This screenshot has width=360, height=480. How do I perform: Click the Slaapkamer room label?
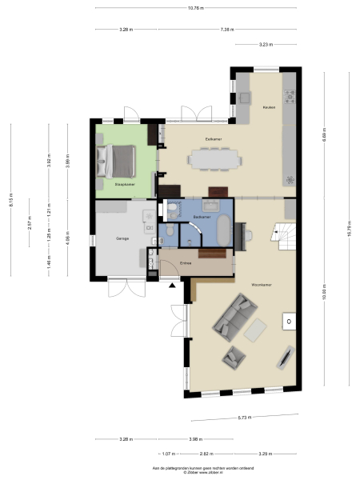tap(124, 185)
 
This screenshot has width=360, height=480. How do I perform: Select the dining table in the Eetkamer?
tap(214, 161)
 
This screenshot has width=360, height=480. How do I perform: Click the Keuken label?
tap(270, 108)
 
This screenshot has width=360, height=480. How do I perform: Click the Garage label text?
tap(122, 238)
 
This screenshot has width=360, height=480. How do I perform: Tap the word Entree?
tap(186, 263)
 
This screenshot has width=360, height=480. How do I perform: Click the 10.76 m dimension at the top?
tap(195, 8)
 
